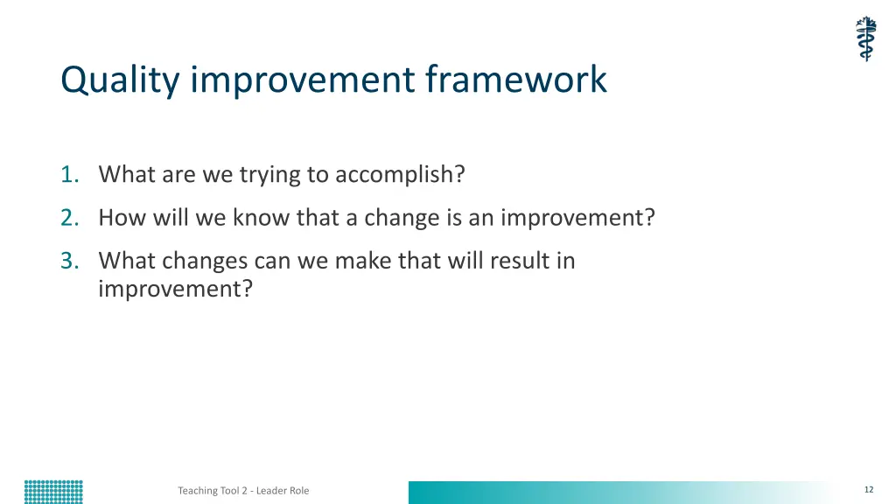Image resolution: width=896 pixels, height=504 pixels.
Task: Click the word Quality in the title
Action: point(120,80)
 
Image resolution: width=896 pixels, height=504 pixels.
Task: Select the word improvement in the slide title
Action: point(302,80)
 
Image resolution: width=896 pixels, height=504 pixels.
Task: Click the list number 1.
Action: point(70,174)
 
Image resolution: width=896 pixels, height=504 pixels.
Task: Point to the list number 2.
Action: point(70,218)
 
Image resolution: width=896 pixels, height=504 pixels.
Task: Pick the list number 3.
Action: point(70,261)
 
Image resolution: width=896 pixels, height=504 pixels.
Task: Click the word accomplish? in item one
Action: point(400,175)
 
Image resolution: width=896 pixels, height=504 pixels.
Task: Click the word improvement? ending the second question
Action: point(577,219)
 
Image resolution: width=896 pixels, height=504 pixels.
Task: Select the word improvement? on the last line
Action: point(175,289)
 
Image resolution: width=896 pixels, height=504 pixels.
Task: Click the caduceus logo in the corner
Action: point(866,38)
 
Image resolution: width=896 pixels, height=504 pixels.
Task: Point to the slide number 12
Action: point(869,490)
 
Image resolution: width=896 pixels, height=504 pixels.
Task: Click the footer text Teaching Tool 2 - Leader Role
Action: point(243,490)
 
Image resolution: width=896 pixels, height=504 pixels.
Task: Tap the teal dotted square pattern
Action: point(53,492)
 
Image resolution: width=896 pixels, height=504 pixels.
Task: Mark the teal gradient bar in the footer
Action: point(628,493)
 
